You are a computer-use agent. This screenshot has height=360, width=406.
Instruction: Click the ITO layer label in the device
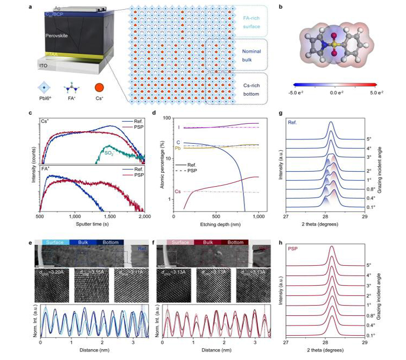pyautogui.click(x=46, y=66)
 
